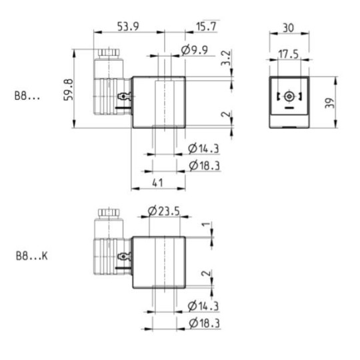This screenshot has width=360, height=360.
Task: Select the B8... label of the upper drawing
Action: pos(27,97)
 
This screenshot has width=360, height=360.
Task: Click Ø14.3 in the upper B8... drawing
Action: pos(204,147)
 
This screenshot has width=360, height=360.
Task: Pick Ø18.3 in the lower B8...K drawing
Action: pos(204,323)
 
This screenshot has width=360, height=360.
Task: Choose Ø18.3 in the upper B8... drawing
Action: pos(204,165)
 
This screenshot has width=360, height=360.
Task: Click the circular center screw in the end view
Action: pos(288,98)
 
